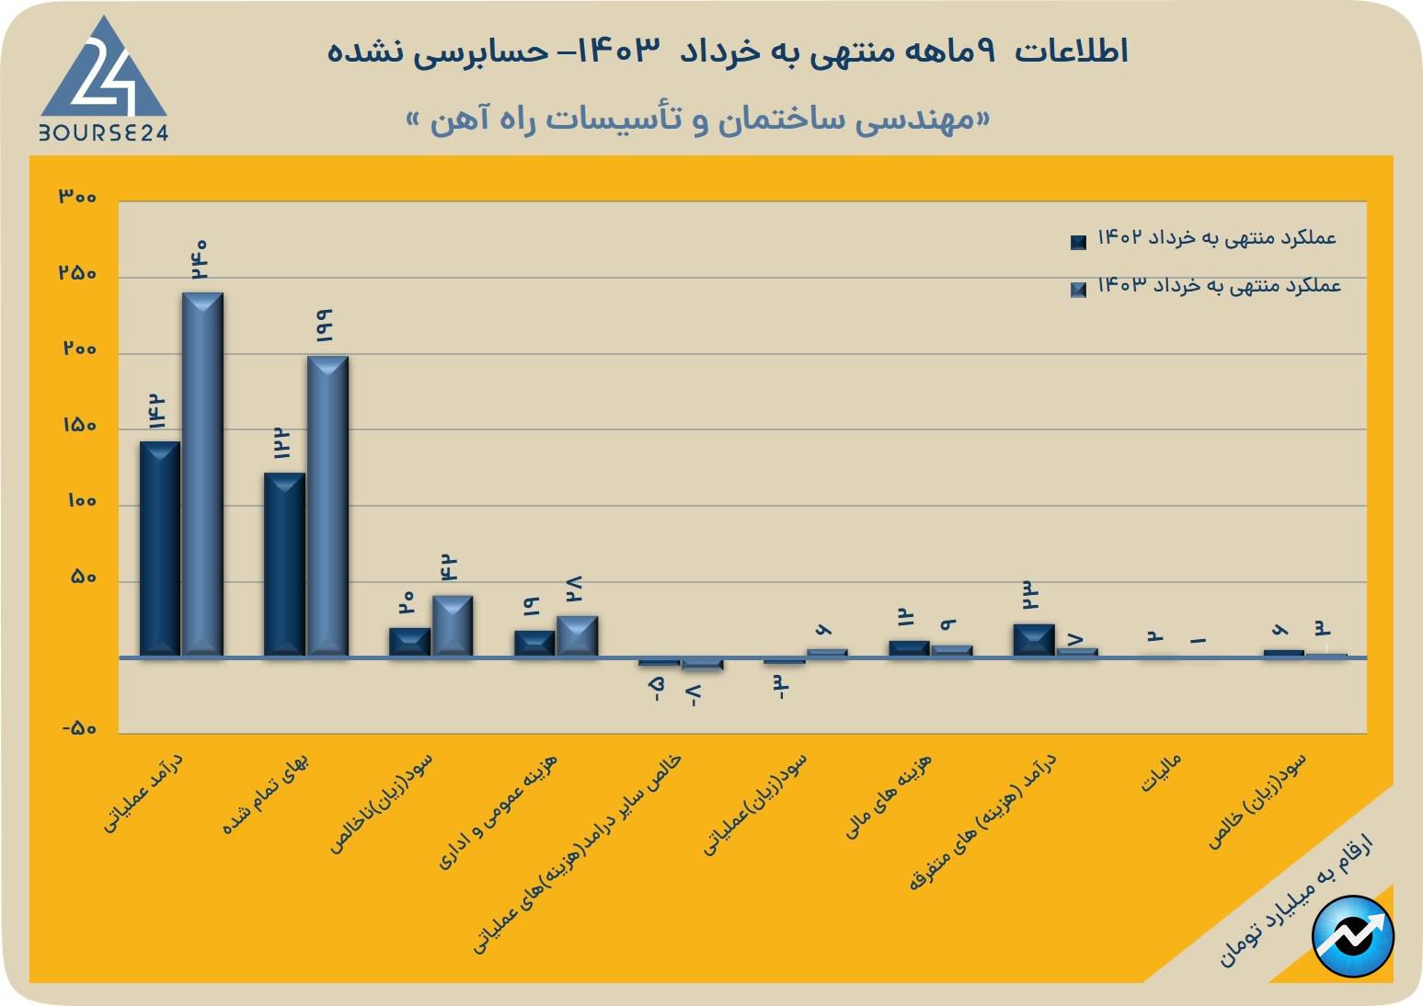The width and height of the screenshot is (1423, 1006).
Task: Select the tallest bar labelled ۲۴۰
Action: tap(202, 474)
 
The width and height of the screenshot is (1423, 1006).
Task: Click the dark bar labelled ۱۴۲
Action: tap(160, 548)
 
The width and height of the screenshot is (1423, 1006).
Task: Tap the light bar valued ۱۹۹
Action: tap(327, 506)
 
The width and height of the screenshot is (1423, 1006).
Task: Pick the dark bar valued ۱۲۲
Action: tap(284, 564)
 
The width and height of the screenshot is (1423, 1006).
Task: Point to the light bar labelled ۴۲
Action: tap(453, 625)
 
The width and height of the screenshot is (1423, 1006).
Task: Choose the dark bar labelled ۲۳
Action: tap(1034, 640)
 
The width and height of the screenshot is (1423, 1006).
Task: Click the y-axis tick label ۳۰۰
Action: tap(77, 196)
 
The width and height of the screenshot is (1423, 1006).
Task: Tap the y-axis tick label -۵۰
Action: tap(79, 728)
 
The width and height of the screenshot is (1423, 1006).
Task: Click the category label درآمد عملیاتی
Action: tap(143, 793)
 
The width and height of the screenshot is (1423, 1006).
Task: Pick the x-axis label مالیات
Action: tap(1161, 773)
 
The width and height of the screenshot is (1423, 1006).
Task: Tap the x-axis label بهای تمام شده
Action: tap(267, 794)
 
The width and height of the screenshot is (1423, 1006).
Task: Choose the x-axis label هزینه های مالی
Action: tap(889, 795)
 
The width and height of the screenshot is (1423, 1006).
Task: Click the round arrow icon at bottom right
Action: tap(1353, 936)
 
